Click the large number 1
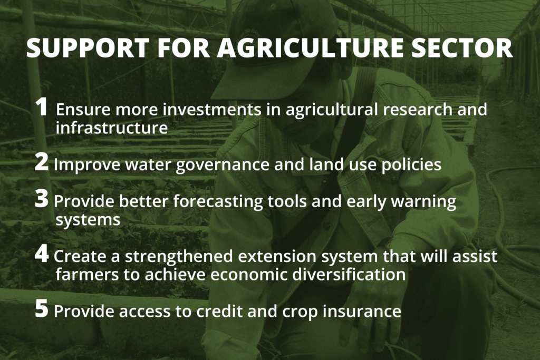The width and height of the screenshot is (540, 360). coord(42,106)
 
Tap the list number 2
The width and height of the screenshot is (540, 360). coord(41,162)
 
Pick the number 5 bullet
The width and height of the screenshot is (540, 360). coord(41,308)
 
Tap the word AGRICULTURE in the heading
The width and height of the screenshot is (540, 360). coord(310,47)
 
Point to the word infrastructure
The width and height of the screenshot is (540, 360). coord(112,128)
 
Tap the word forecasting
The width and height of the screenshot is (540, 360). coord(218,202)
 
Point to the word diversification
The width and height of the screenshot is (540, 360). coord(349,275)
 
